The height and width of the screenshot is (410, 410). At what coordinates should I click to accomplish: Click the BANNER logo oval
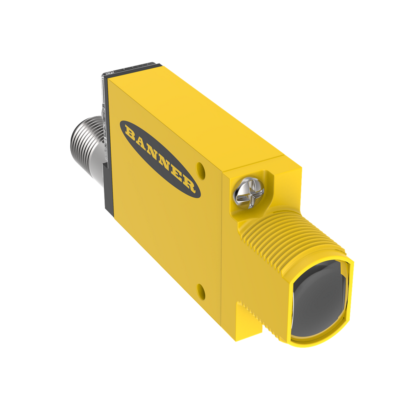[x=160, y=159]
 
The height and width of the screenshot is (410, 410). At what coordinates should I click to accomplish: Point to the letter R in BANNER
[x=188, y=184]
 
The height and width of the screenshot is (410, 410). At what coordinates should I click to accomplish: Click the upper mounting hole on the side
[x=200, y=169]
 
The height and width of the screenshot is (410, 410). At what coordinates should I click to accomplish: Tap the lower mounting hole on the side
[x=200, y=291]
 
